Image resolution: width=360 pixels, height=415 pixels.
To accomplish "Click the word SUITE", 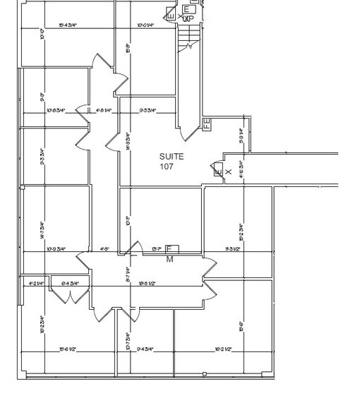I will click(x=172, y=157).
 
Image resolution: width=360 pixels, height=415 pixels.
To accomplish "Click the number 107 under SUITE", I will click(x=167, y=167).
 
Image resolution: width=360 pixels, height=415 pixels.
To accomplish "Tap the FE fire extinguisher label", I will click(x=206, y=124).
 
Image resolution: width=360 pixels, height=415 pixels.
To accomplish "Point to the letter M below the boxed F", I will click(x=169, y=260).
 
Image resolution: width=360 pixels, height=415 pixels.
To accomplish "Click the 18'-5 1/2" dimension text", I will click(x=147, y=283).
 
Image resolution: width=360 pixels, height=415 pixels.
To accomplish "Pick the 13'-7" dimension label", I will click(x=157, y=249).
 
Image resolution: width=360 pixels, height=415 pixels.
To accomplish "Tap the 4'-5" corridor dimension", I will click(x=104, y=249).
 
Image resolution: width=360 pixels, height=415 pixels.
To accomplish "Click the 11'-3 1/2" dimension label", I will click(x=234, y=249).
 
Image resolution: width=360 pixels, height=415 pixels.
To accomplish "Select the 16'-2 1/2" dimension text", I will click(x=223, y=349).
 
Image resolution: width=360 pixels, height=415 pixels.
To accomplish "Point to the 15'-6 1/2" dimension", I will click(x=68, y=349).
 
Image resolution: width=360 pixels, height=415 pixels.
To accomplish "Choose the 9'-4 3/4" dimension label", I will click(x=145, y=349).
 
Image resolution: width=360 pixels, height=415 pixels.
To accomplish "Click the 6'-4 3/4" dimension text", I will click(x=71, y=283).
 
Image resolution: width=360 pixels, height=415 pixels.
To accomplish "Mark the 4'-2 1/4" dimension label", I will click(x=36, y=283).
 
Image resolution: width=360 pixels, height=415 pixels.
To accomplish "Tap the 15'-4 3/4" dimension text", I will click(x=68, y=26).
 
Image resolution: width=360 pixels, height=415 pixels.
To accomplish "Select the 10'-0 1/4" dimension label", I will click(x=146, y=26).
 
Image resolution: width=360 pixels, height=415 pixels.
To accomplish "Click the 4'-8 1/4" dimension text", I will click(x=104, y=111).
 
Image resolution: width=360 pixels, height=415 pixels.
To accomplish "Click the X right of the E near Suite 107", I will click(x=228, y=172).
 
